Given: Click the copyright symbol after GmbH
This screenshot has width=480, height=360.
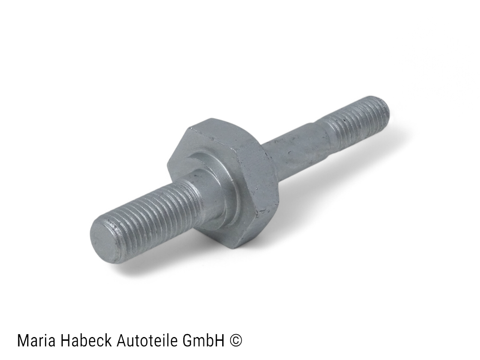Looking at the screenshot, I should [x=236, y=341].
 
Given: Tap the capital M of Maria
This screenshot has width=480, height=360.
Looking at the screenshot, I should [x=23, y=341].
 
